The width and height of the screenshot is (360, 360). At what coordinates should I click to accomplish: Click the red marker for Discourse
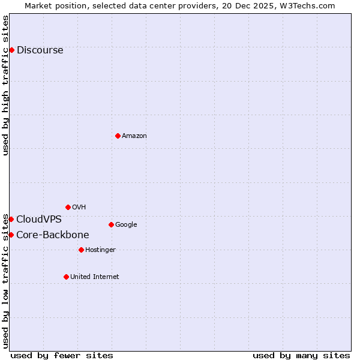point(11,50)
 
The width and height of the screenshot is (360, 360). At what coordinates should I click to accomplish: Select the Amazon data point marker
point(118,136)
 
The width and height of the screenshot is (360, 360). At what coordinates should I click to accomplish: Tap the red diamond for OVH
point(68,207)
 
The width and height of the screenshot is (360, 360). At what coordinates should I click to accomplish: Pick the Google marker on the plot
point(111,224)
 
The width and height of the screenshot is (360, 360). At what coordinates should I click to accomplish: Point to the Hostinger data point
point(81,250)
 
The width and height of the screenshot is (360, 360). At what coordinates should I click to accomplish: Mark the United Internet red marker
point(66,277)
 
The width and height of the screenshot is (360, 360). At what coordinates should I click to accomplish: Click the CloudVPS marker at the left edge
point(11,219)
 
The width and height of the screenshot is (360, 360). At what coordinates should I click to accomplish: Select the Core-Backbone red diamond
point(11,235)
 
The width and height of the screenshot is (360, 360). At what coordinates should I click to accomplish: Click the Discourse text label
point(40,50)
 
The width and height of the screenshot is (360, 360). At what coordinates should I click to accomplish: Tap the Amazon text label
point(134,136)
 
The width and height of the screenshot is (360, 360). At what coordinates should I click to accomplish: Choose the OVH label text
point(79,208)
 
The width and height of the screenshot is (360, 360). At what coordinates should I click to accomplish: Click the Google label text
point(126,225)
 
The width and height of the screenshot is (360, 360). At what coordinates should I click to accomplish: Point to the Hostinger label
point(100,250)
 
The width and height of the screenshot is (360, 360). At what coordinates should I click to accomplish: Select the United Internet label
point(94,277)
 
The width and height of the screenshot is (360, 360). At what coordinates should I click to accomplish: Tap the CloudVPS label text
point(38,220)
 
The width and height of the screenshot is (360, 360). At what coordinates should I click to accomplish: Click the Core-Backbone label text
point(52,235)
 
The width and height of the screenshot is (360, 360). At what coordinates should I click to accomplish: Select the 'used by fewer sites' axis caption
point(62,355)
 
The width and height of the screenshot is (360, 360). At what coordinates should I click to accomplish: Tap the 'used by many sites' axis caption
point(301,355)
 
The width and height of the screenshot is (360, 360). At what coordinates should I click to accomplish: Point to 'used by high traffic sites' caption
point(6,85)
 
